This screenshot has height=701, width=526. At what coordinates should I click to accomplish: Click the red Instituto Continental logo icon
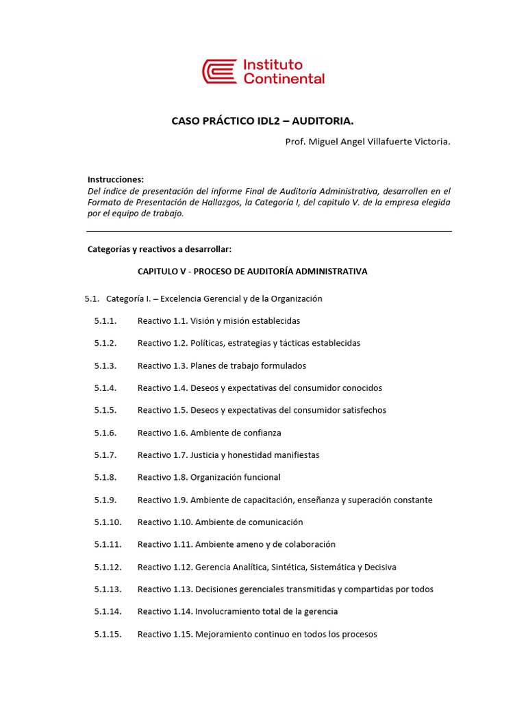(219, 71)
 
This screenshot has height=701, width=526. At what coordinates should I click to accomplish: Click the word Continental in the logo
(284, 79)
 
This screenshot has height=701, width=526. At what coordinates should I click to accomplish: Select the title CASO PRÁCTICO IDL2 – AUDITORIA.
(262, 121)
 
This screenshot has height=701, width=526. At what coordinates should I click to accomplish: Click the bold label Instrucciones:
(116, 179)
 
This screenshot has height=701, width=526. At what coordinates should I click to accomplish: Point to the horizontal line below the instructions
(269, 231)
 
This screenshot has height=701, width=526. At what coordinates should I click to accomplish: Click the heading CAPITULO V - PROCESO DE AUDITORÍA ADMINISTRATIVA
(252, 271)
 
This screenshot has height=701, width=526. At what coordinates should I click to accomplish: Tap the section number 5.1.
(92, 298)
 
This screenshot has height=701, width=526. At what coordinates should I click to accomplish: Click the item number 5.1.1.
(105, 320)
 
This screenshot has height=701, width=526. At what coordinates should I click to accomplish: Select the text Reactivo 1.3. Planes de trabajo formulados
(221, 366)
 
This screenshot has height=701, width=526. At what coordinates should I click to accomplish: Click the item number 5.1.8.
(105, 477)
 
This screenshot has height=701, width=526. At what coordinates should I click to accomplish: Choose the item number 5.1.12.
(108, 567)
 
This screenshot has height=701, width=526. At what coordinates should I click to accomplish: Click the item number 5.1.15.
(108, 634)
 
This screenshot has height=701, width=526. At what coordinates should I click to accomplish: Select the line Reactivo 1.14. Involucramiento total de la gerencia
(237, 611)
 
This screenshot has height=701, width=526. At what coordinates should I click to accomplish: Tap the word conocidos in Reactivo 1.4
(360, 387)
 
